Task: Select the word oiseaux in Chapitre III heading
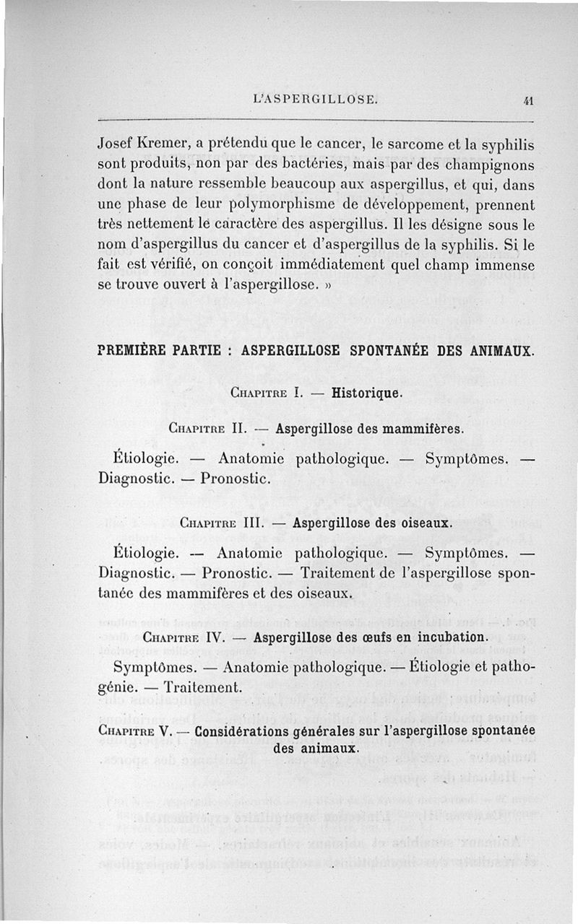coord(418,523)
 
